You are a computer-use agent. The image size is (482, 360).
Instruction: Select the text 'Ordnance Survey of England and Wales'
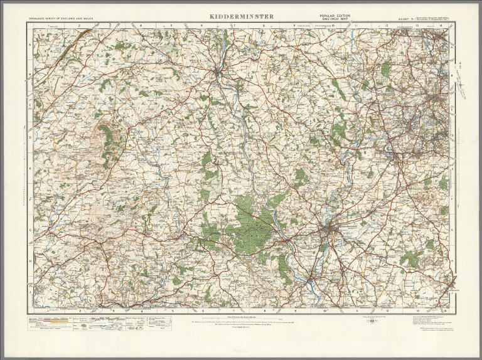pyautogui.click(x=62, y=19)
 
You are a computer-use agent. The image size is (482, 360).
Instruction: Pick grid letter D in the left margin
pyautogui.click(x=29, y=135)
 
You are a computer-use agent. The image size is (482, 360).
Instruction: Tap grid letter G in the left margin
pyautogui.click(x=29, y=229)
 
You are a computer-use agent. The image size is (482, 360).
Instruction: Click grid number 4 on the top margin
pyautogui.click(x=140, y=26)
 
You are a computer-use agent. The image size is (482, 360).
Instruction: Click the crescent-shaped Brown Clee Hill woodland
pyautogui.click(x=108, y=141)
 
